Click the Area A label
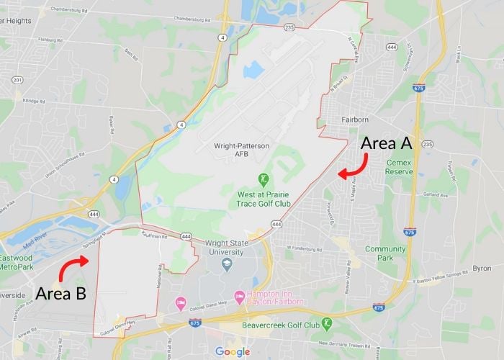coord(386,143)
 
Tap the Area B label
coord(61,294)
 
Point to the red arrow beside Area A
coord(351,171)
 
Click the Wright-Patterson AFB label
coord(241,150)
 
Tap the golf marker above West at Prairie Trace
coord(264,179)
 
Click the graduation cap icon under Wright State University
coord(227,264)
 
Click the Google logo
coord(233,351)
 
